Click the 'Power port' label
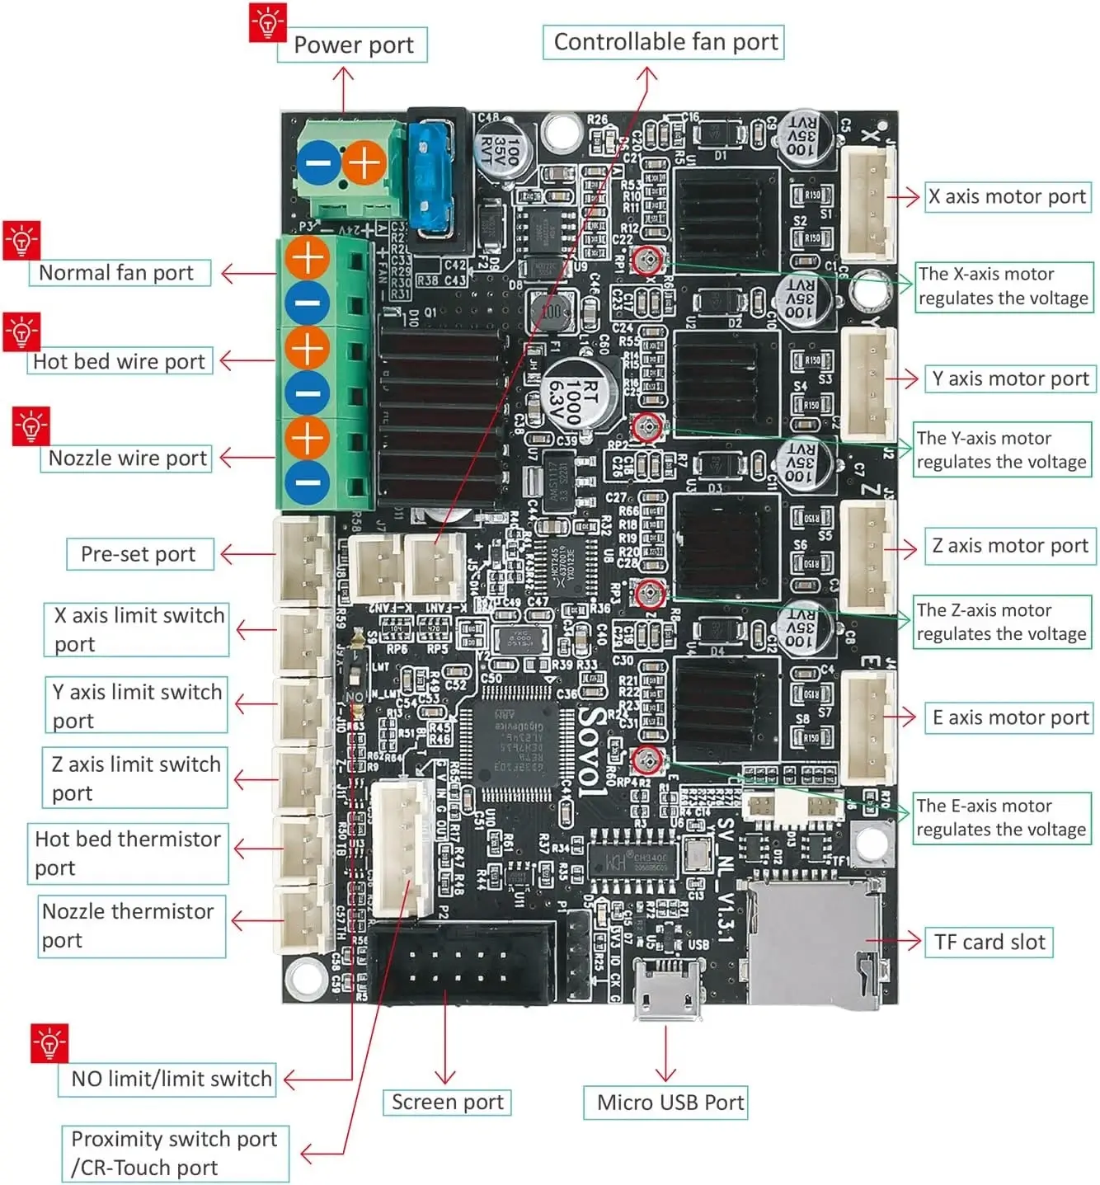(353, 45)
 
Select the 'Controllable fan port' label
(664, 42)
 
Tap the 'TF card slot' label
(989, 942)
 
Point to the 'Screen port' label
(447, 1103)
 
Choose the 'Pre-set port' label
(139, 554)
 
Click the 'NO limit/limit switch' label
(170, 1079)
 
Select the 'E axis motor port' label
(1009, 717)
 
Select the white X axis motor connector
(867, 200)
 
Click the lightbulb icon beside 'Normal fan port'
(21, 241)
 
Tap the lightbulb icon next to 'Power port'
(267, 22)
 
